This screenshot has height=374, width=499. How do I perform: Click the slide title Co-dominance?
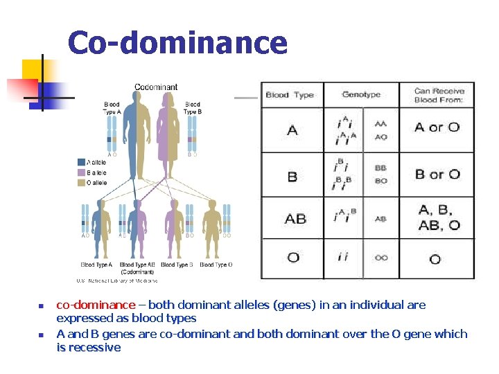pyautogui.click(x=177, y=43)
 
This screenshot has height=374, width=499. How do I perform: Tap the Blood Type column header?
pyautogui.click(x=290, y=95)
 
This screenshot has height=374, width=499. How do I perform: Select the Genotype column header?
pyautogui.click(x=361, y=95)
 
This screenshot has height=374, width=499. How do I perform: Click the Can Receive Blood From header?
pyautogui.click(x=438, y=95)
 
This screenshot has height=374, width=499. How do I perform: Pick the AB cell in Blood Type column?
pyautogui.click(x=295, y=219)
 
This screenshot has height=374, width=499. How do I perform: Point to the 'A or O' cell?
pyautogui.click(x=437, y=127)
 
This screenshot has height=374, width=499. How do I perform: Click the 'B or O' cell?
pyautogui.click(x=437, y=174)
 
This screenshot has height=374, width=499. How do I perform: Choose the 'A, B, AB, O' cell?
pyautogui.click(x=439, y=217)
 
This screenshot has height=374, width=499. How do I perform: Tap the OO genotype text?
pyautogui.click(x=380, y=258)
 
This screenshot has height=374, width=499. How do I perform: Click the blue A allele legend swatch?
pyautogui.click(x=82, y=162)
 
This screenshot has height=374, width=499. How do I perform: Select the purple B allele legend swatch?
pyautogui.click(x=82, y=172)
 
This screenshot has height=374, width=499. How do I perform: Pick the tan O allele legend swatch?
pyautogui.click(x=82, y=183)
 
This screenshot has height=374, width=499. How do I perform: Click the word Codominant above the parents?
pyautogui.click(x=156, y=87)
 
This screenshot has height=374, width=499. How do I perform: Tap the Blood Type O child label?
pyautogui.click(x=216, y=265)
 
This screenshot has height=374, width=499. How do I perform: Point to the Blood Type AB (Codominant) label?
pyautogui.click(x=137, y=268)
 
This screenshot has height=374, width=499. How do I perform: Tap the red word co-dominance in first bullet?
pyautogui.click(x=96, y=305)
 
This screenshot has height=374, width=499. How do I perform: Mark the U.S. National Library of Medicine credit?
pyautogui.click(x=116, y=280)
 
